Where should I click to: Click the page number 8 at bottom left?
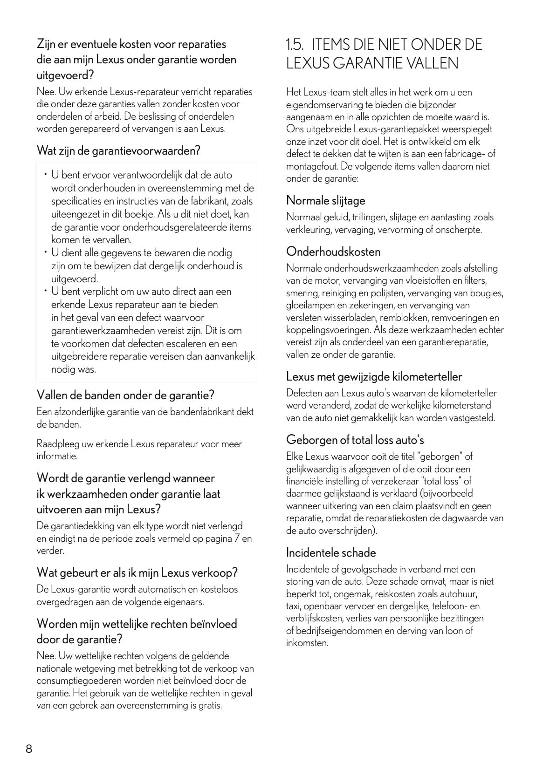pos(28,749)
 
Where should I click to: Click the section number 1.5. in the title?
pos(295,45)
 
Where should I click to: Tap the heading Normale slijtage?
pos(325,201)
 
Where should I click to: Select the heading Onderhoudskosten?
pos(333,252)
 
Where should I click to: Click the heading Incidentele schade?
pos(331,553)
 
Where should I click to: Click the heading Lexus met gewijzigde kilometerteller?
pos(374,376)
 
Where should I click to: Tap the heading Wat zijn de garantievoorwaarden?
pos(118,151)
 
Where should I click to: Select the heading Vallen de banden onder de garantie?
pos(125,395)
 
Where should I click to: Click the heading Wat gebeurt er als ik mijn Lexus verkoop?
pos(137,572)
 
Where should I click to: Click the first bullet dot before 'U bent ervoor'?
pos(46,175)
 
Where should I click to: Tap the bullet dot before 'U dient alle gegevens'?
pos(46,252)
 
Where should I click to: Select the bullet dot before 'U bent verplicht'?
pos(46,291)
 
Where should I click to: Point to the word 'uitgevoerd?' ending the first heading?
pos(65,75)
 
